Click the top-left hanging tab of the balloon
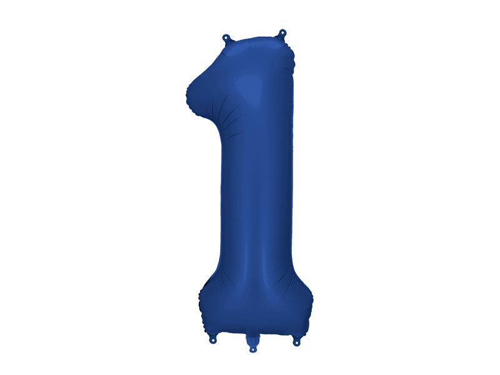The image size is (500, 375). [226, 39]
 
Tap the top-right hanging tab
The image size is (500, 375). [282, 33]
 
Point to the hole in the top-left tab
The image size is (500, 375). [226, 36]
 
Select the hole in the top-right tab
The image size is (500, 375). [282, 31]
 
